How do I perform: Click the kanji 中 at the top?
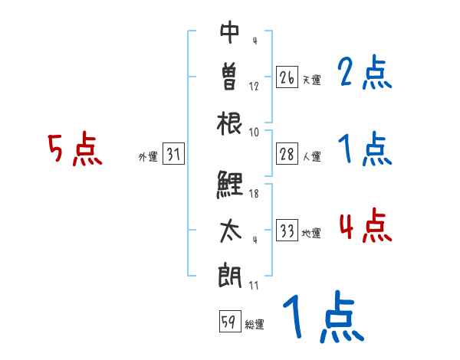[x=230, y=33]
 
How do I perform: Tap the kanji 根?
[x=230, y=123]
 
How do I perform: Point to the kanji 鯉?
[x=229, y=184]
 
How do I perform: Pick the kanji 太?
[x=230, y=230]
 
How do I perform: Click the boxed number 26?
[x=287, y=77]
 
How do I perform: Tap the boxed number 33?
[x=287, y=231]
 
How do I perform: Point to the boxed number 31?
[x=173, y=155]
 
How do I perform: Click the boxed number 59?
[x=228, y=322]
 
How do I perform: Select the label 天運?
[x=311, y=80]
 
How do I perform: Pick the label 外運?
[x=147, y=157]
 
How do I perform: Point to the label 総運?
[x=255, y=325]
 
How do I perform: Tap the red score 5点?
[x=75, y=150]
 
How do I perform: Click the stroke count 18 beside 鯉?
[x=255, y=194]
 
